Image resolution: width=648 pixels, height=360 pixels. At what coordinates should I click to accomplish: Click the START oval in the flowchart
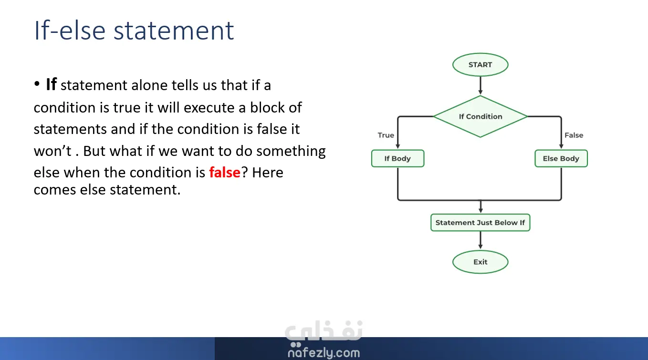coord(480,64)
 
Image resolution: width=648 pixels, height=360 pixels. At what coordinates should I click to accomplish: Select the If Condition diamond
coord(480,116)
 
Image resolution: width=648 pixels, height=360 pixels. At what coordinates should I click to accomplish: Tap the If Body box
coord(398,158)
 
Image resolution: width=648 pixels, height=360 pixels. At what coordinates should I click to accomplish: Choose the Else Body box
coord(561,158)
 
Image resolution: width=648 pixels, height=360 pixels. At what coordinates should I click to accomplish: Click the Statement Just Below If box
coord(480,223)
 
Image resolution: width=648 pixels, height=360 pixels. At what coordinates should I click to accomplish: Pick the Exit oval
coord(480,262)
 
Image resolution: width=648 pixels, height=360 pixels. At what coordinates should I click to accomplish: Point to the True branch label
coord(386,135)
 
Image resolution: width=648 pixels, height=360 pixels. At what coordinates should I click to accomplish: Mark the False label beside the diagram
coord(574,135)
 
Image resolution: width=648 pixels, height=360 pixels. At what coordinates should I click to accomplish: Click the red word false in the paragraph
coord(225,172)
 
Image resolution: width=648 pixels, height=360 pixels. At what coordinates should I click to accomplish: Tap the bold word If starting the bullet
coord(51,84)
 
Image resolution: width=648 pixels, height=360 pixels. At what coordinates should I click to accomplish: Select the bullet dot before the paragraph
coord(37,84)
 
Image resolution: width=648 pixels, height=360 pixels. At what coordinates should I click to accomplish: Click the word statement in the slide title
coord(174,31)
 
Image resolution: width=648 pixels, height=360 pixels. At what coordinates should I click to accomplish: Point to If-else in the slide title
coord(70,30)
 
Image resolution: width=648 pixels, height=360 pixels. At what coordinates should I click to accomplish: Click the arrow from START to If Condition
coord(481,86)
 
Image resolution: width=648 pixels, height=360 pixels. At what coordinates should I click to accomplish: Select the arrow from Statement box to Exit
coord(481,240)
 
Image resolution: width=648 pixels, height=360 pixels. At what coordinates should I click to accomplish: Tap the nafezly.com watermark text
coord(324,353)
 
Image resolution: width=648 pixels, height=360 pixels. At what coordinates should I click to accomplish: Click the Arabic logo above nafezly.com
coord(324,331)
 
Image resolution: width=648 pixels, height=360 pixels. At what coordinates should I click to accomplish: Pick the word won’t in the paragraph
coord(52,151)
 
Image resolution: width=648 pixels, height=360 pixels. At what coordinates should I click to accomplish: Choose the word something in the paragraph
coord(291,152)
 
